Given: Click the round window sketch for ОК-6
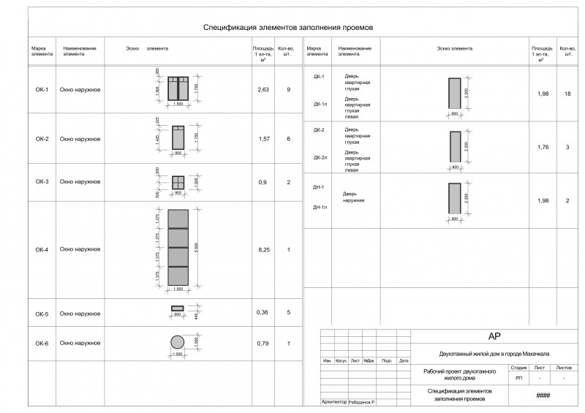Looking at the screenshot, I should (178, 342).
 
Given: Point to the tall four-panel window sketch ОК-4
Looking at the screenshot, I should (178, 248).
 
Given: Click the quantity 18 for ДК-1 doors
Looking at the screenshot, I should (567, 94).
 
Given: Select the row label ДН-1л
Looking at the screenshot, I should (319, 208).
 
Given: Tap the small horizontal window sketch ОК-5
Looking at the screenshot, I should (178, 308).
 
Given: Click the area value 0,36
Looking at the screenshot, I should (263, 312).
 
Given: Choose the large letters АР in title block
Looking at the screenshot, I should (492, 336).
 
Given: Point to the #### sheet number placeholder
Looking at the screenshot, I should (543, 395).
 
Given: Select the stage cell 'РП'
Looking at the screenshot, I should (519, 379).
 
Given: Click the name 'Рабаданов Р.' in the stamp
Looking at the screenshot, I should (362, 403).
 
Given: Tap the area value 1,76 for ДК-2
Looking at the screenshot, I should (542, 147).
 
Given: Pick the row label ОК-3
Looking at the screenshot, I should (42, 181).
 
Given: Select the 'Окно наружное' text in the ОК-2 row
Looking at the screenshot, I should (80, 139).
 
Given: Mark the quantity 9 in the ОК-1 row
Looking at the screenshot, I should (289, 89).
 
